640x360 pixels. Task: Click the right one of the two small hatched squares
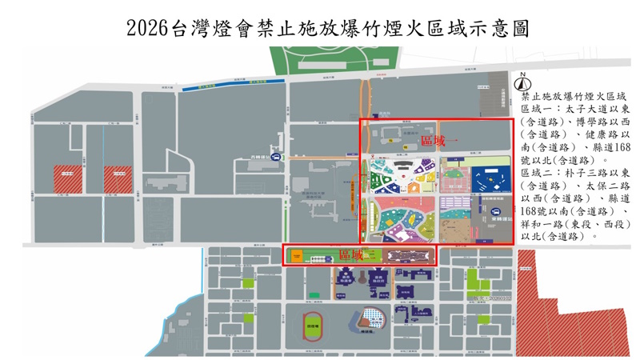[x=118, y=179]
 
